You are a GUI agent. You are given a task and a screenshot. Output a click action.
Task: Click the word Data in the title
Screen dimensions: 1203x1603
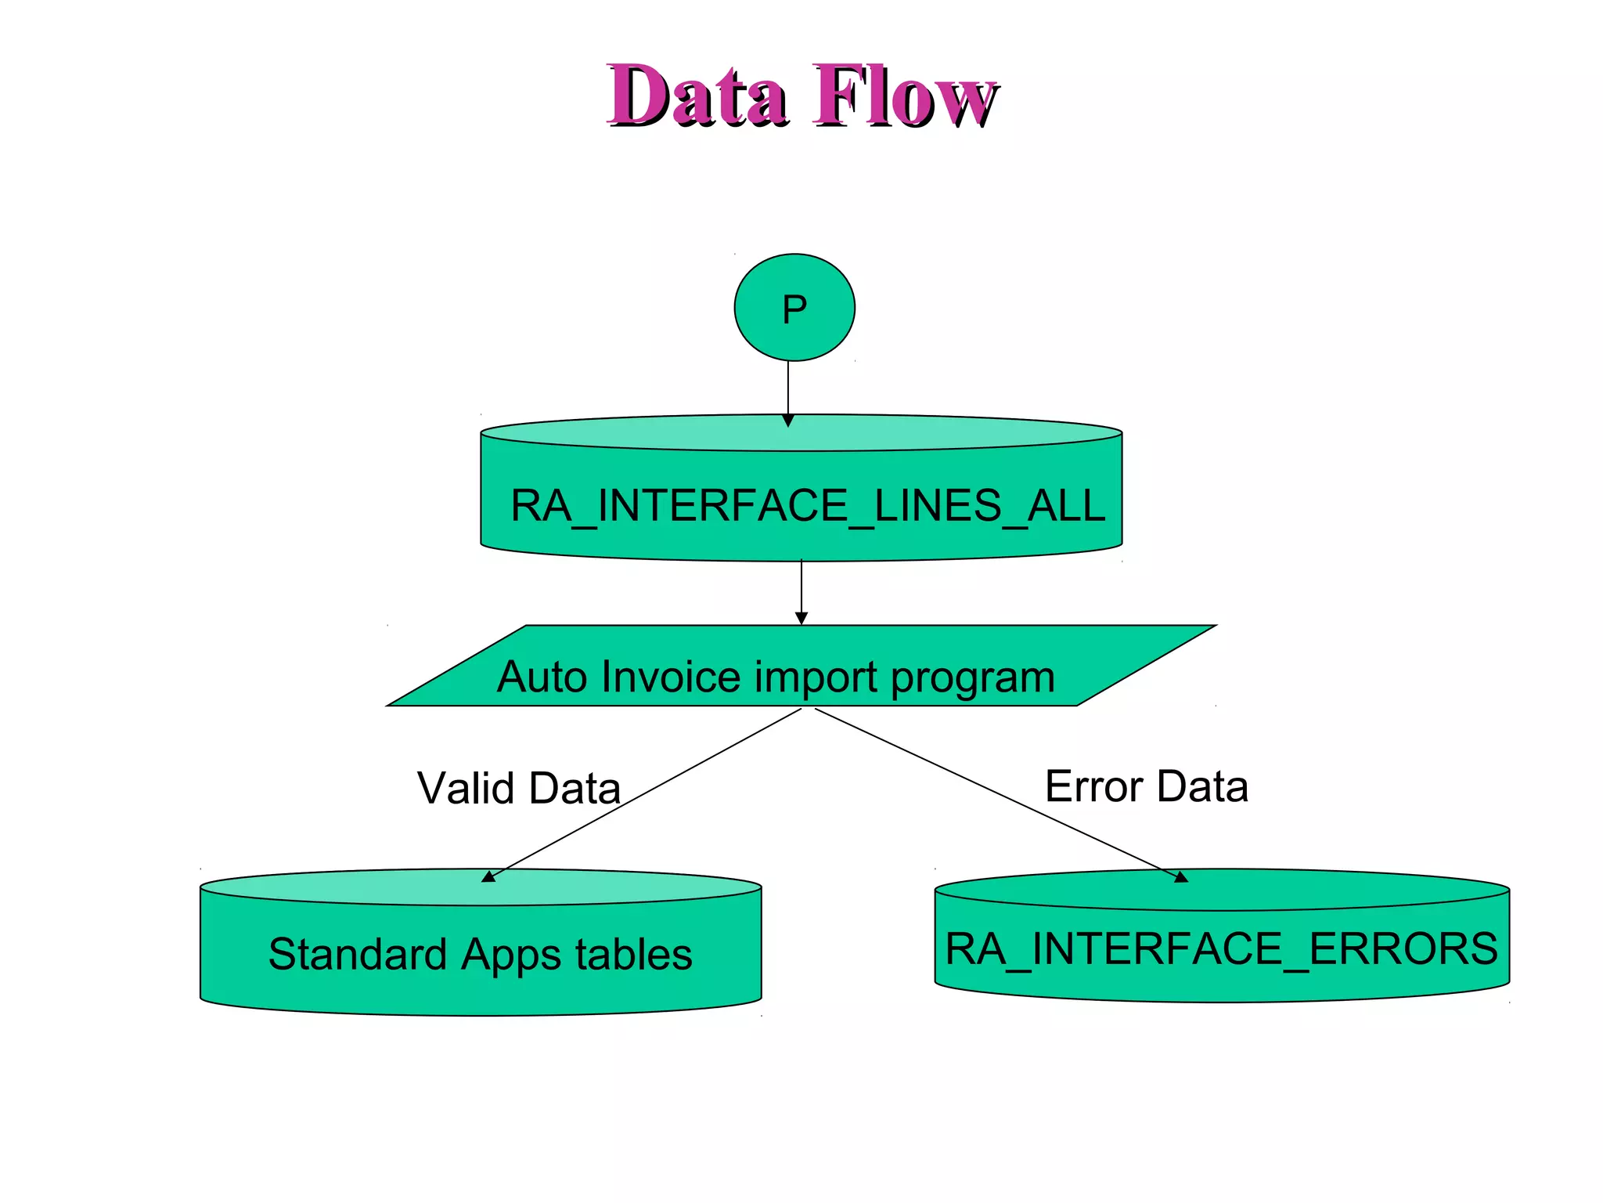click(x=697, y=96)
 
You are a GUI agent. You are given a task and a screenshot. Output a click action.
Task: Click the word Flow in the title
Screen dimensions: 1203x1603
click(x=905, y=96)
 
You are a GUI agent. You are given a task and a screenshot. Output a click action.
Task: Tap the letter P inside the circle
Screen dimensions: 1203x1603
click(x=794, y=309)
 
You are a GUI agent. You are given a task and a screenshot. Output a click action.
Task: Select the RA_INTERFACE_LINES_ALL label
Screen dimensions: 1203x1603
click(x=807, y=506)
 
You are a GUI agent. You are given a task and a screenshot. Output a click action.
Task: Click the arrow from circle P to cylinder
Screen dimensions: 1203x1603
click(x=788, y=388)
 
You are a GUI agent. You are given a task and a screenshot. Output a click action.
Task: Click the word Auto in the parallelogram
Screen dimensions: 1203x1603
click(x=542, y=677)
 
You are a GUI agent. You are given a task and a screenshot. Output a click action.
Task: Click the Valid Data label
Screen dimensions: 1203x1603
click(x=519, y=788)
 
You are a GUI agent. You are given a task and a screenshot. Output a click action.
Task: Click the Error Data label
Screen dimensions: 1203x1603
click(x=1146, y=786)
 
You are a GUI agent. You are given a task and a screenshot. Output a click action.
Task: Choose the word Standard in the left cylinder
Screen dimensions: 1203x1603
click(x=358, y=954)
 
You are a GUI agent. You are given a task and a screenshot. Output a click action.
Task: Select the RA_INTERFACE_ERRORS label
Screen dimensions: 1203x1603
click(x=1221, y=949)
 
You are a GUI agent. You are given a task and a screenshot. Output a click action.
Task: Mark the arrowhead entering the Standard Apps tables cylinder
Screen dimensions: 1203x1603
click(x=488, y=877)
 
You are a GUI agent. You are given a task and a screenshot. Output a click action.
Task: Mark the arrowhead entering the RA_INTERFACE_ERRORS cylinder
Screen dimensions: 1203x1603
click(x=1181, y=877)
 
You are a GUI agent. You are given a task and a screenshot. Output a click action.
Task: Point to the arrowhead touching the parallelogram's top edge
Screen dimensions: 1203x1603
click(x=801, y=619)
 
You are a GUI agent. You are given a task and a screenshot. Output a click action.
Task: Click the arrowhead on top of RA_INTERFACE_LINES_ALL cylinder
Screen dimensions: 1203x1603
click(x=788, y=421)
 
